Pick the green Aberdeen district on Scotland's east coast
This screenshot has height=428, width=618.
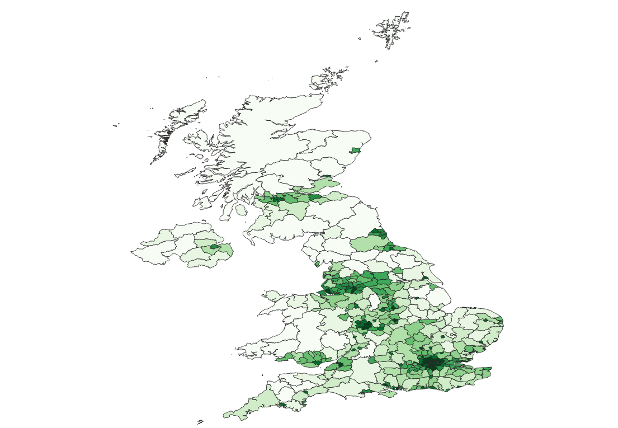coord(356,150)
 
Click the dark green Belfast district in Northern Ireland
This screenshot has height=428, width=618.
coord(215,246)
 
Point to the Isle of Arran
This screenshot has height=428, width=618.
coord(241,210)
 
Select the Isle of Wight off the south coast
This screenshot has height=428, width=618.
coord(386,394)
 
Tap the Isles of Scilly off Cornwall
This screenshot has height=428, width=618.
coord(200,422)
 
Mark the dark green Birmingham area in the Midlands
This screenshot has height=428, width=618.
coord(365,323)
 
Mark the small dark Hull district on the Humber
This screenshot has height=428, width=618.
coord(427,278)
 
